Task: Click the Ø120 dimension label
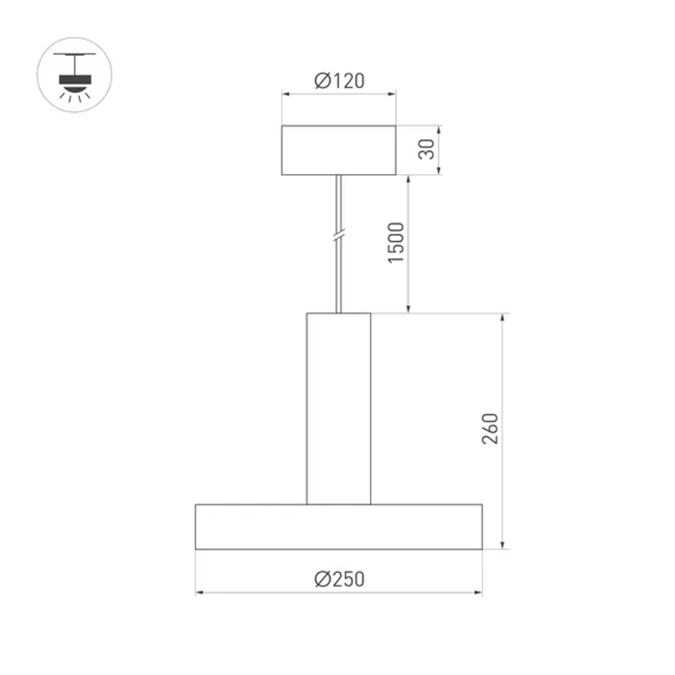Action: click(339, 81)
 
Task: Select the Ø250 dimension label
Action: click(339, 579)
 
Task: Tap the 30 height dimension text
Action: click(426, 150)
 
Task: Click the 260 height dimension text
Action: click(491, 429)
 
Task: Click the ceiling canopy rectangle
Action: click(339, 150)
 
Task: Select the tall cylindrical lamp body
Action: click(339, 408)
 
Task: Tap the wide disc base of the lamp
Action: click(339, 526)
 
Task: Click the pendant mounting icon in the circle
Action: click(74, 74)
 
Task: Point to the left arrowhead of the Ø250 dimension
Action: click(200, 593)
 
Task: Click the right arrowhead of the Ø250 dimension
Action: click(479, 593)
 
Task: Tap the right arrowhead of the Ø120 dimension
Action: click(392, 94)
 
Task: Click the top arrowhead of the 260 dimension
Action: click(502, 318)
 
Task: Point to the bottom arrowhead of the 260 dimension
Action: click(502, 545)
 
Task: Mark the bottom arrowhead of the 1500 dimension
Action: click(408, 309)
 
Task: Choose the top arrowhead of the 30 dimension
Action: click(439, 130)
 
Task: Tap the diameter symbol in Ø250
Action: click(322, 579)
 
